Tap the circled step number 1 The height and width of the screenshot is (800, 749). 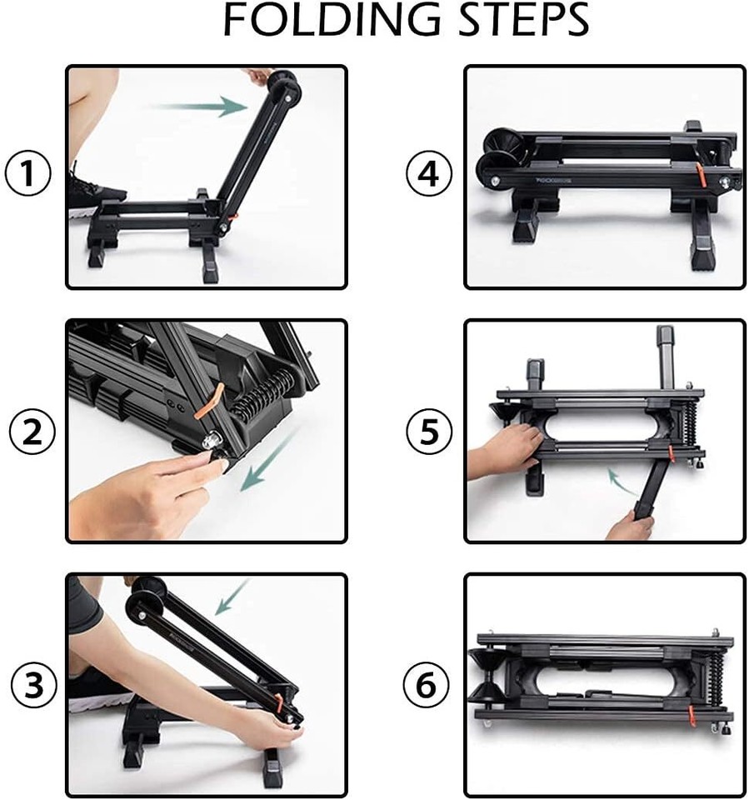click(x=28, y=174)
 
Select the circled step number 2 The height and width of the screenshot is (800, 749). click(x=32, y=431)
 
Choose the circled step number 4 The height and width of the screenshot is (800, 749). click(x=428, y=174)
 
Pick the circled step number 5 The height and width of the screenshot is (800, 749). click(x=428, y=431)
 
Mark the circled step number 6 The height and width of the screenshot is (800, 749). click(x=426, y=686)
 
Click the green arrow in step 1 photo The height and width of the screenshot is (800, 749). click(x=200, y=106)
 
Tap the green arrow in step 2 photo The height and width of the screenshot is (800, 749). click(x=264, y=464)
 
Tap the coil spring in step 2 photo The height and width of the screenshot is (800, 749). click(x=263, y=392)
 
